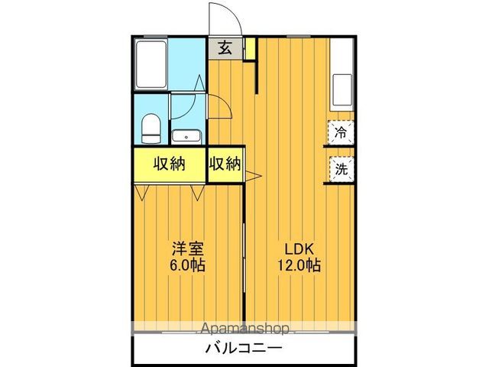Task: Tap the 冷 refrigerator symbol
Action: coord(342,132)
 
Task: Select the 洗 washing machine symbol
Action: coord(342,169)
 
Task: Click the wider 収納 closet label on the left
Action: coord(170,164)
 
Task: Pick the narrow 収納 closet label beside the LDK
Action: coord(225,164)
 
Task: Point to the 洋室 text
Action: coord(187,249)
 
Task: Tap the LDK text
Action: coord(300,249)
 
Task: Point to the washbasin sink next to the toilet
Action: coord(186,137)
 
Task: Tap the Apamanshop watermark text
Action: coord(244,330)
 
